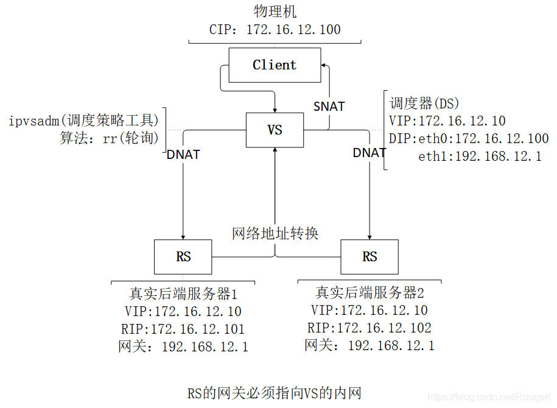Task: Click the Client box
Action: pos(275,65)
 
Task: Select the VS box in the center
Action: pos(275,130)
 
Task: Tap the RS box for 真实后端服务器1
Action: pos(183,256)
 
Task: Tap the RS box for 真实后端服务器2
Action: pos(370,256)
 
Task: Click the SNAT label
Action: pos(329,107)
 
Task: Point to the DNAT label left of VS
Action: pos(183,155)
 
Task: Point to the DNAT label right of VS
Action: pos(370,153)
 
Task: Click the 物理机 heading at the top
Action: pos(275,11)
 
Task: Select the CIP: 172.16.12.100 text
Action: pos(275,29)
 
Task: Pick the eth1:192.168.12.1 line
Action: pos(480,157)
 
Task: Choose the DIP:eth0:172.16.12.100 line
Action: pos(469,139)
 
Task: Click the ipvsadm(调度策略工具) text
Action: pos(83,120)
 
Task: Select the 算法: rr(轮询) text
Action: pos(110,138)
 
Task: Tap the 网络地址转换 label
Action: pos(275,233)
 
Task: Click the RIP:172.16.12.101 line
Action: pos(183,329)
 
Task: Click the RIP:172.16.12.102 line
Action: pos(370,328)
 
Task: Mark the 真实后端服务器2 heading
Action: pos(370,292)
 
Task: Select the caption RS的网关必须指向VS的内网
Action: pos(275,393)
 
